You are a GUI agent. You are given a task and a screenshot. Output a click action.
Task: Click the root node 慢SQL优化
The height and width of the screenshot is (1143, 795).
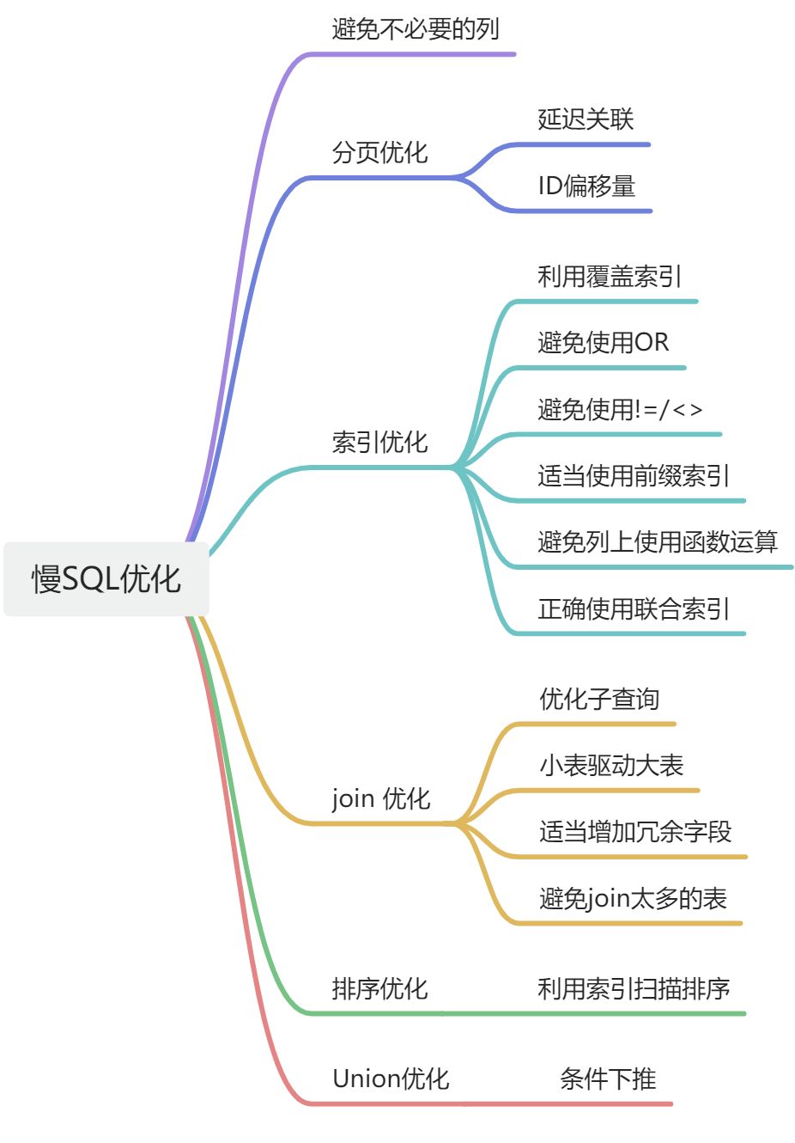pyautogui.click(x=106, y=578)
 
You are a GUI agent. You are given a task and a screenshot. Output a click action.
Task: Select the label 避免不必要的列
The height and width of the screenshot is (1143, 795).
pyautogui.click(x=416, y=28)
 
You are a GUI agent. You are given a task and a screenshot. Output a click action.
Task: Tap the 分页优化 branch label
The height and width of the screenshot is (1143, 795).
pyautogui.click(x=379, y=153)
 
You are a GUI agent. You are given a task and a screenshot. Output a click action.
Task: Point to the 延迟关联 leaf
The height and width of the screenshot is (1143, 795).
pyautogui.click(x=586, y=119)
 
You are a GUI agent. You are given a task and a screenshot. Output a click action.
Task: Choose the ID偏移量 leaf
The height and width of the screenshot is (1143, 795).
pyautogui.click(x=586, y=186)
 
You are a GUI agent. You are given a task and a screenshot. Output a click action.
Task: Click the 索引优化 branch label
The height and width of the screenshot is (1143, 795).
pyautogui.click(x=379, y=442)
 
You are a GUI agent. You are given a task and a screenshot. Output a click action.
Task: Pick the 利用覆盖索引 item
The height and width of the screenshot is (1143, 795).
pyautogui.click(x=610, y=277)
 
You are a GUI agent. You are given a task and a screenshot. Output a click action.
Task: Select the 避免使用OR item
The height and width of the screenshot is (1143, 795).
pyautogui.click(x=603, y=342)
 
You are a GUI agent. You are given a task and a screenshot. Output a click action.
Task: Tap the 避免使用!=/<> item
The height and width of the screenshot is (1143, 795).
pyautogui.click(x=620, y=409)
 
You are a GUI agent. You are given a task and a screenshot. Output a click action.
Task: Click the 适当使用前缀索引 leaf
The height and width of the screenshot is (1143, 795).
pyautogui.click(x=634, y=475)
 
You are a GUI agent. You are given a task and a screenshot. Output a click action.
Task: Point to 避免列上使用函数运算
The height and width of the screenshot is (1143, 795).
pyautogui.click(x=658, y=542)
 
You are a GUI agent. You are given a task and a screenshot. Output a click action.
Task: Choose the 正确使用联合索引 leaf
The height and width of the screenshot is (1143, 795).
pyautogui.click(x=634, y=608)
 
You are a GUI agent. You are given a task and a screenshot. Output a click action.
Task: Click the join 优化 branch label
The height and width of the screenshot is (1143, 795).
pyautogui.click(x=380, y=798)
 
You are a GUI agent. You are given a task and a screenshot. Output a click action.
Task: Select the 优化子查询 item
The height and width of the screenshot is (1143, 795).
pyautogui.click(x=599, y=699)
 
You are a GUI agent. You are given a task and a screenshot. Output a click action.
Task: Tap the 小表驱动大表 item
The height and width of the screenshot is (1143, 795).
pyautogui.click(x=611, y=766)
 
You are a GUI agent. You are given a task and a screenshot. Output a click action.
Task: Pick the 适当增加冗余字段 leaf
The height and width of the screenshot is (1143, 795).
pyautogui.click(x=635, y=832)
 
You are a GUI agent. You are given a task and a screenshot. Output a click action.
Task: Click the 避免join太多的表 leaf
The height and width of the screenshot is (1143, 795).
pyautogui.click(x=633, y=899)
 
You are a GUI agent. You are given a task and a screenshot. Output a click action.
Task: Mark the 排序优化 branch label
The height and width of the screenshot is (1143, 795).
pyautogui.click(x=379, y=988)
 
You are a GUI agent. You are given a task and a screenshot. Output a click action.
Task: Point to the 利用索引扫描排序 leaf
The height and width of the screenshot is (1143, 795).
pyautogui.click(x=634, y=988)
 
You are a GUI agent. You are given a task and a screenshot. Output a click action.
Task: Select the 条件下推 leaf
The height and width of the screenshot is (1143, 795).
pyautogui.click(x=608, y=1079)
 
